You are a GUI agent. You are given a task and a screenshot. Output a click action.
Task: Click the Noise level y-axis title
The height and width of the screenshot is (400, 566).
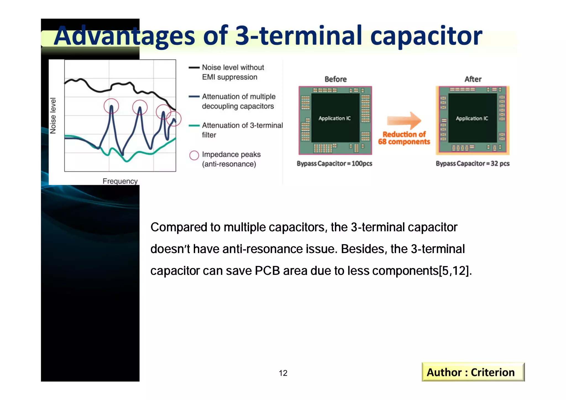pos(53,116)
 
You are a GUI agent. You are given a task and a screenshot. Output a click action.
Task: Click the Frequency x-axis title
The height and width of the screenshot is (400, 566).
pos(120,181)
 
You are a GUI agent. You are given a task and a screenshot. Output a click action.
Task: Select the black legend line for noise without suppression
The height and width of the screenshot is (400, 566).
pos(194,67)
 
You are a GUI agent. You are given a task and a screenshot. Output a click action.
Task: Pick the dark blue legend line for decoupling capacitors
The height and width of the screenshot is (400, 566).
pos(194,96)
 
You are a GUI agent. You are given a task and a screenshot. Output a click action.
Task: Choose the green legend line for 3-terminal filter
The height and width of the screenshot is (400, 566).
pos(194,125)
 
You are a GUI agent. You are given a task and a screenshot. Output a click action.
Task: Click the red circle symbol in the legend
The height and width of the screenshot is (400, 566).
pos(194,155)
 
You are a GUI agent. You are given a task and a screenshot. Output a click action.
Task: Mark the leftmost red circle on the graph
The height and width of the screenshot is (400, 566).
pos(111,106)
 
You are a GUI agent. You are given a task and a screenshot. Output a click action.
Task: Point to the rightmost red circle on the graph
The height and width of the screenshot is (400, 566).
pos(174,119)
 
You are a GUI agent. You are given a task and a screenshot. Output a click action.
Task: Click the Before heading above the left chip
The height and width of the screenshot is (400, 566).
pos(336,79)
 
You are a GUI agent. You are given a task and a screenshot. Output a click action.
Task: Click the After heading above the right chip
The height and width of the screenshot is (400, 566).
pos(473,79)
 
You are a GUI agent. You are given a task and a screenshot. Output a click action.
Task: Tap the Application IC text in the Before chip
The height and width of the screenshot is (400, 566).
pos(334,118)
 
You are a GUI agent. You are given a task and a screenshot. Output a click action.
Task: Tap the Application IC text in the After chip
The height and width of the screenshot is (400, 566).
pos(472,118)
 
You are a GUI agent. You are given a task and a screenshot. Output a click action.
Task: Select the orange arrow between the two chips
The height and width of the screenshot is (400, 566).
pos(404,121)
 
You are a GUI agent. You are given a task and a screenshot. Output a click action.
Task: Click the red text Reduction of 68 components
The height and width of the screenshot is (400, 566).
pos(404,138)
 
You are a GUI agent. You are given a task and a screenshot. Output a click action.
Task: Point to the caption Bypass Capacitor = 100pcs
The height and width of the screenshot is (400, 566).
pos(334,164)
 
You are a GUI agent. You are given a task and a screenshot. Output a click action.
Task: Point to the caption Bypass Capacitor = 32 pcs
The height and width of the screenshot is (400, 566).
pos(472,164)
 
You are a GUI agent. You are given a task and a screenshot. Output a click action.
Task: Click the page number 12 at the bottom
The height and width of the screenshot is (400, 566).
pos(283,373)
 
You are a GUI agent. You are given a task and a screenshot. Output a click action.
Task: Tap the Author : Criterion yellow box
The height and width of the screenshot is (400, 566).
pos(473,372)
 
